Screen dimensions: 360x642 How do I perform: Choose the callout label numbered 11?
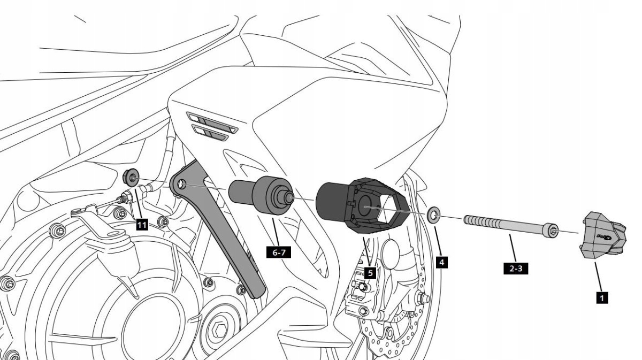click(141, 225)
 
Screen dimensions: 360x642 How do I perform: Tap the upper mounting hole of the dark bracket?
click(182, 185)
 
